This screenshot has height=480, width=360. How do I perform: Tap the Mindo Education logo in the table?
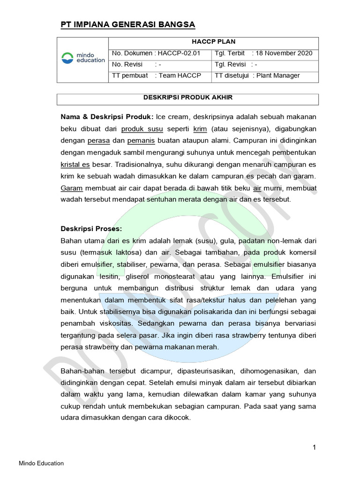[83, 58]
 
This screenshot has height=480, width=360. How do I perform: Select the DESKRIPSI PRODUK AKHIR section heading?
[187, 97]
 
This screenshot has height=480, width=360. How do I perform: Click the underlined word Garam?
[71, 188]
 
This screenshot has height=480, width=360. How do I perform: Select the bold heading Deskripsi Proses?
[91, 229]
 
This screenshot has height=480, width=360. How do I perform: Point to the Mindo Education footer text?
[41, 464]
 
